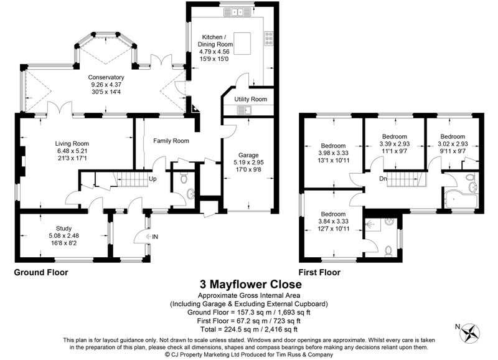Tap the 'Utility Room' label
[x=251, y=99]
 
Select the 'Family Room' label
[x=171, y=141]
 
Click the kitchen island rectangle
[x=242, y=43]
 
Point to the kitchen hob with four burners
[x=269, y=38]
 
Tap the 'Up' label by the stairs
[x=153, y=179]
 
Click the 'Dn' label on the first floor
[x=383, y=179]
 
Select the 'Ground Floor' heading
[x=41, y=272]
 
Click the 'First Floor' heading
[x=319, y=272]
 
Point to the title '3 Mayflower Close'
[x=251, y=284]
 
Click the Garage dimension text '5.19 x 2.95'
[x=248, y=163]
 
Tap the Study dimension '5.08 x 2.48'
[x=63, y=236]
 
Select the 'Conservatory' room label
[x=106, y=77]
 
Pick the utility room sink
[x=244, y=110]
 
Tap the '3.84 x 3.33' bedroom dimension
[x=333, y=221]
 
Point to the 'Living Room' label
[x=72, y=144]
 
